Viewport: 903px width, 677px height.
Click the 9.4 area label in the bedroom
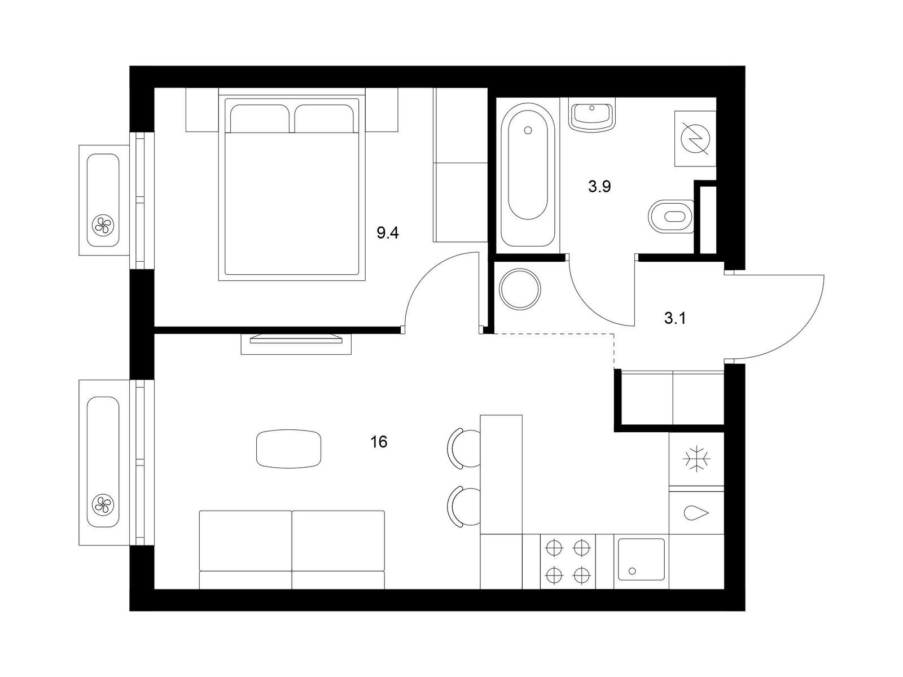[388, 233]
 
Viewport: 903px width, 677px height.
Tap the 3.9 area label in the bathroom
[599, 187]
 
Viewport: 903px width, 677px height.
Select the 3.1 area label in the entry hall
[675, 318]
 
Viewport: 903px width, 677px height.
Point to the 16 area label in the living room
[379, 442]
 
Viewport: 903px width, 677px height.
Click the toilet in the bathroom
[671, 217]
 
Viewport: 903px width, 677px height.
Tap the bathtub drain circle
[528, 130]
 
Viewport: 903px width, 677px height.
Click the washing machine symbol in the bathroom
[695, 139]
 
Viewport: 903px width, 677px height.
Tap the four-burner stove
[568, 561]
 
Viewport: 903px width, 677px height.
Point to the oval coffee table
[288, 449]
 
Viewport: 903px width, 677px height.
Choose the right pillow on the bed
[324, 119]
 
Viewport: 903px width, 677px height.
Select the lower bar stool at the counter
[464, 507]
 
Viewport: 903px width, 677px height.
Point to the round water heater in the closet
[520, 289]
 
